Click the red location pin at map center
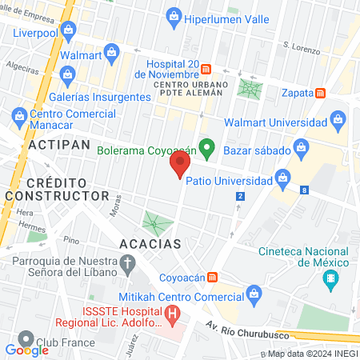[x=179, y=166]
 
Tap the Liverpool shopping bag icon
[x=67, y=31]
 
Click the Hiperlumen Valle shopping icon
[x=174, y=15]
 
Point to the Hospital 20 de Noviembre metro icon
[x=206, y=69]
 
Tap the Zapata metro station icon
[x=321, y=93]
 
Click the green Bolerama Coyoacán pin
[x=207, y=148]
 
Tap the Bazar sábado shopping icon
[x=301, y=147]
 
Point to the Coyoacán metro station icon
[x=212, y=278]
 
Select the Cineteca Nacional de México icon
[x=329, y=280]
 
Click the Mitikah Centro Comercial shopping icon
[x=254, y=294]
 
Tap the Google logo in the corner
[x=27, y=350]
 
